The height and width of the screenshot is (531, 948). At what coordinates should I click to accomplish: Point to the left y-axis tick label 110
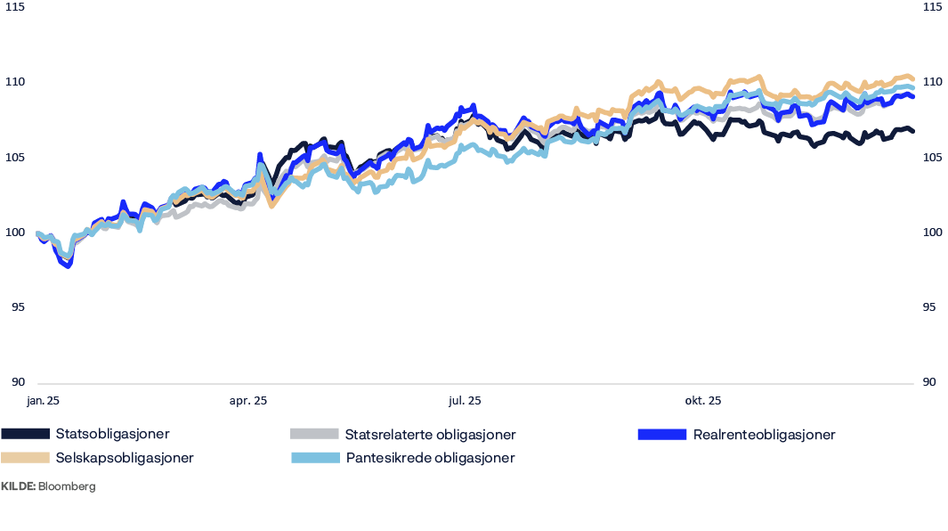(x=13, y=83)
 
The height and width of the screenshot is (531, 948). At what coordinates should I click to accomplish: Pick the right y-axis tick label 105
(x=932, y=158)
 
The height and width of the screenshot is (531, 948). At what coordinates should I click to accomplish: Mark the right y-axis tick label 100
(x=932, y=233)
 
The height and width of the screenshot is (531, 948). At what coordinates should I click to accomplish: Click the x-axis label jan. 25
(x=43, y=402)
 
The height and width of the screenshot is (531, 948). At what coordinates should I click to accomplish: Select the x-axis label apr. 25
(x=247, y=402)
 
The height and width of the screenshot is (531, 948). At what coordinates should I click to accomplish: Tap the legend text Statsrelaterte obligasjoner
(x=430, y=435)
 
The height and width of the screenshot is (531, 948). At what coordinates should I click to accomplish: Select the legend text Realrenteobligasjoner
(x=764, y=435)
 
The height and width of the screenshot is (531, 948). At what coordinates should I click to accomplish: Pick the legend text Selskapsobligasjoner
(x=124, y=458)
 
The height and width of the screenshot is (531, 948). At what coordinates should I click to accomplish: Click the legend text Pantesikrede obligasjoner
(x=430, y=458)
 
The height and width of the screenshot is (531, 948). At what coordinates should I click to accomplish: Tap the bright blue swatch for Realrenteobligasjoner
(x=661, y=435)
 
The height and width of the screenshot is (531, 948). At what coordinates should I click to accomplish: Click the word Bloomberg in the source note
(x=67, y=487)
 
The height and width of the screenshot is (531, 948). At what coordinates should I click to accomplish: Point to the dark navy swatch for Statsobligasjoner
(x=24, y=435)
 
